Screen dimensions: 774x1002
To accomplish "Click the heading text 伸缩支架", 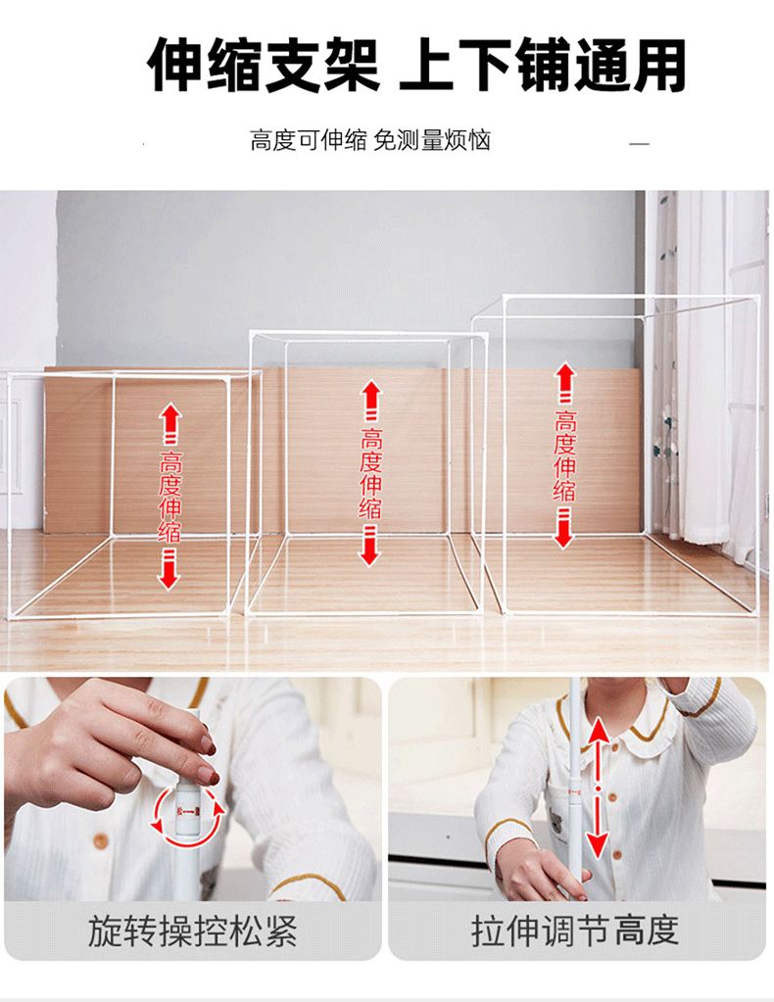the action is pyautogui.click(x=264, y=65).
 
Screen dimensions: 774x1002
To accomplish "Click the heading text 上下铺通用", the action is pyautogui.click(x=543, y=65).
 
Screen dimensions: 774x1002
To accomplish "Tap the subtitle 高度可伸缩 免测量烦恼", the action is pyautogui.click(x=370, y=140).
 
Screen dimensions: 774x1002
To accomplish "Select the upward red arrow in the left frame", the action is pyautogui.click(x=170, y=424).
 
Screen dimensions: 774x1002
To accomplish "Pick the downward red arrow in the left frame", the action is pyautogui.click(x=169, y=570).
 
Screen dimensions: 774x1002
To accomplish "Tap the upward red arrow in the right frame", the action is pyautogui.click(x=563, y=382).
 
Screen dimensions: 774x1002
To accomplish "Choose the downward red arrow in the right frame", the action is pyautogui.click(x=563, y=527).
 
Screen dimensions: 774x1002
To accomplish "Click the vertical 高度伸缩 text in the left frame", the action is pyautogui.click(x=170, y=498).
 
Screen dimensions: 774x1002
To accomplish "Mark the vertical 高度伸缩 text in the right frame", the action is pyautogui.click(x=564, y=455).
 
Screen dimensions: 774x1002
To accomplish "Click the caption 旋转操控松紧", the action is pyautogui.click(x=192, y=930).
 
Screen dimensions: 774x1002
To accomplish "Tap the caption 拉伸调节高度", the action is pyautogui.click(x=575, y=930).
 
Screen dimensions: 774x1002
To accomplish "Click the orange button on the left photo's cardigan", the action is pyautogui.click(x=100, y=840).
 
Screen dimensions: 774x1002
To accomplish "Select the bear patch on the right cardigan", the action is pyautogui.click(x=557, y=821).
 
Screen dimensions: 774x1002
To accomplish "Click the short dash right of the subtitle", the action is pyautogui.click(x=639, y=144).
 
